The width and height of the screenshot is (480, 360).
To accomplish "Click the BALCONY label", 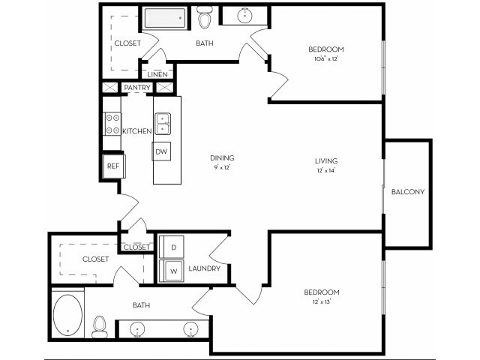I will [408, 192].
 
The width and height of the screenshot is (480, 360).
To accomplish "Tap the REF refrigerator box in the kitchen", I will [113, 166].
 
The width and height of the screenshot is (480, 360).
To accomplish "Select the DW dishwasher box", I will [161, 151].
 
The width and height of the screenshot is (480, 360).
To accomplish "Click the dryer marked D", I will [172, 247].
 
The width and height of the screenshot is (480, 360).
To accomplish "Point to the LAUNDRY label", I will [204, 268].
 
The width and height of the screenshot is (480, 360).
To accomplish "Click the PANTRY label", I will [137, 88].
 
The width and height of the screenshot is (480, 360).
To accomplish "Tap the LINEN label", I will [157, 74].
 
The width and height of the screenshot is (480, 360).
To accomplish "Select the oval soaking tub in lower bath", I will [68, 314].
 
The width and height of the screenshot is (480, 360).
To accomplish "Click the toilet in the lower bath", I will [99, 326].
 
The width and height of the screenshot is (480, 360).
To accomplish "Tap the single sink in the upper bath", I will [247, 15].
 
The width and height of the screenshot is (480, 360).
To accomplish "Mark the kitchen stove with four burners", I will [112, 124].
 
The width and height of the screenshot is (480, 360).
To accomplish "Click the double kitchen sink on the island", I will [163, 123].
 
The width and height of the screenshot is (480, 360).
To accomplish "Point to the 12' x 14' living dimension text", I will [326, 170].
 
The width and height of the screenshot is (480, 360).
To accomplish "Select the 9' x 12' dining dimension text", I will [222, 167].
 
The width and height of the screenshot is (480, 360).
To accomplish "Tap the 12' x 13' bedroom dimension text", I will [322, 301].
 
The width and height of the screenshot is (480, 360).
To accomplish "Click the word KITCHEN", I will [137, 131].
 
